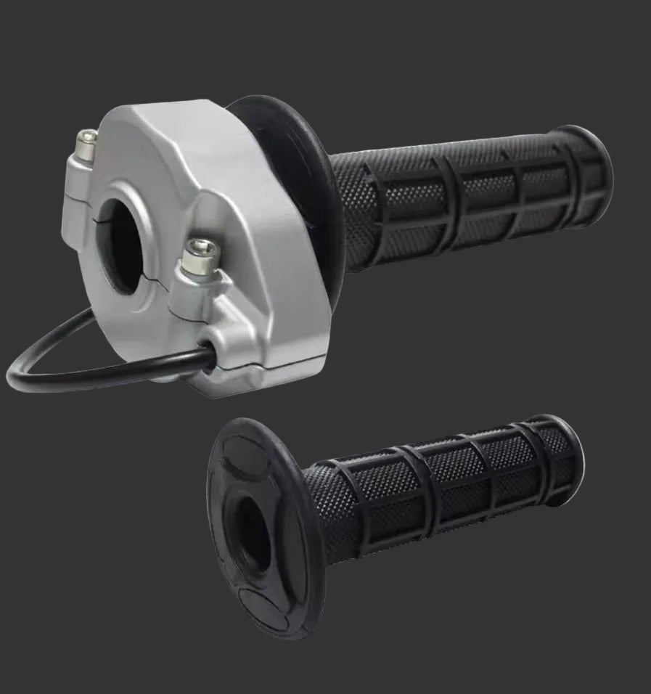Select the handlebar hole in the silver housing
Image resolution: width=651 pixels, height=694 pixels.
coord(120,244)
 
